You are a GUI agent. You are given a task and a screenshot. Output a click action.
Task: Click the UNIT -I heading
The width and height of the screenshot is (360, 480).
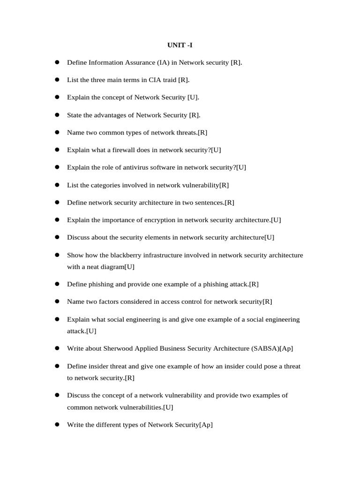180,45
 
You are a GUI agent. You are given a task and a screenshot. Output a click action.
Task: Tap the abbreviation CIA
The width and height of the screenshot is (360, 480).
155,80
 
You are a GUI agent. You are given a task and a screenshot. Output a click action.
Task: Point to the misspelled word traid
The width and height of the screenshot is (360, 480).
169,80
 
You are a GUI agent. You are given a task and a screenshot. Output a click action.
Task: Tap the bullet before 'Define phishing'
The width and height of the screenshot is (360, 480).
57,284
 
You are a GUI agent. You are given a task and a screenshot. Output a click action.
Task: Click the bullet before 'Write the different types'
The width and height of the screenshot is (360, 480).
57,424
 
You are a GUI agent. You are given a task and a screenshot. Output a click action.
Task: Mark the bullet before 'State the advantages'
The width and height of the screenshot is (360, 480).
57,114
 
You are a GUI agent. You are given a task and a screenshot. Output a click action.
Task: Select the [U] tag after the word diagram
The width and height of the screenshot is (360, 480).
130,267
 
